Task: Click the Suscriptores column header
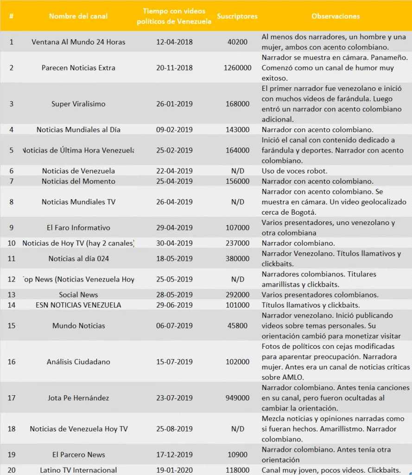tap(237, 16)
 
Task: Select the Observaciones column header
tap(336, 16)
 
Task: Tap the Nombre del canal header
tap(78, 16)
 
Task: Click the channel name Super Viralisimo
tap(78, 104)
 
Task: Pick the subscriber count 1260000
tap(237, 68)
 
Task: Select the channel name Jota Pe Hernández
tap(78, 398)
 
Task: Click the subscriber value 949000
tap(237, 398)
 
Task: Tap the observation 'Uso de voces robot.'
tap(294, 171)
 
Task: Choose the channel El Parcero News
tap(78, 455)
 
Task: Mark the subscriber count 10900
tap(237, 455)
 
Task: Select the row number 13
tap(12, 295)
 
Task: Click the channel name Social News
tap(78, 295)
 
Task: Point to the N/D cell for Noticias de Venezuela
tap(237, 171)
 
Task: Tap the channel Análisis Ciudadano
tap(78, 362)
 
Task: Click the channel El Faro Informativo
tap(78, 228)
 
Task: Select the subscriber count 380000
tap(237, 259)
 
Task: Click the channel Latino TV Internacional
tap(78, 470)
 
